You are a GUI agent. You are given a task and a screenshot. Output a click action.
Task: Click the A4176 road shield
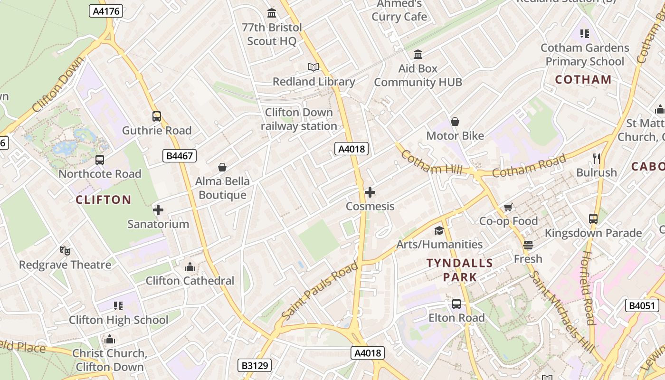(x=106, y=11)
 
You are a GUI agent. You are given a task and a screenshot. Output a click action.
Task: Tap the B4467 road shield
(x=179, y=155)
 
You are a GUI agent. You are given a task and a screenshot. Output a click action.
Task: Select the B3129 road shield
(x=254, y=365)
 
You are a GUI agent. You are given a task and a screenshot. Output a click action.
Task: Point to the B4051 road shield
(x=642, y=305)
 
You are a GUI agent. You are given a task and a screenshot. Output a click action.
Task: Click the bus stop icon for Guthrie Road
(x=157, y=116)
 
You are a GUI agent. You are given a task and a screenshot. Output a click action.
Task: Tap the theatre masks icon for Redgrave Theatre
(x=65, y=250)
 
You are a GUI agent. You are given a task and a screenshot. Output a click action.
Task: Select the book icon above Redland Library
(x=313, y=67)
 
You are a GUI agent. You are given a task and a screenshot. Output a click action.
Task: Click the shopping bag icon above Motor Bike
(x=455, y=122)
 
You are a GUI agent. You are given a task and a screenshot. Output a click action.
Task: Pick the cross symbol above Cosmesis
(x=370, y=192)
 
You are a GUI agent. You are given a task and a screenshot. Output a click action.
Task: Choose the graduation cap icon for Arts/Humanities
(x=439, y=230)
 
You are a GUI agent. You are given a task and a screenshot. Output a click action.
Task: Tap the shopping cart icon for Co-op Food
(x=508, y=207)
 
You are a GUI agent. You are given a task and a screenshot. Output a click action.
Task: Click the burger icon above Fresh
(x=528, y=245)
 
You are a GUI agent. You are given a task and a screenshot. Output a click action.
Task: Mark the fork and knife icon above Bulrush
(x=597, y=158)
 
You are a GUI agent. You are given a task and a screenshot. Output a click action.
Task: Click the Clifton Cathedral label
(x=190, y=281)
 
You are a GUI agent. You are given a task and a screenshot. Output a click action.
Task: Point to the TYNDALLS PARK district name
(x=460, y=270)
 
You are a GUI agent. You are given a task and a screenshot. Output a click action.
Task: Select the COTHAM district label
(x=583, y=80)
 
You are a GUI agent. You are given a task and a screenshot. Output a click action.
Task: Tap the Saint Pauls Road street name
(x=319, y=291)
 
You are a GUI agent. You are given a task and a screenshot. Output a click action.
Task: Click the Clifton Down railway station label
(x=299, y=119)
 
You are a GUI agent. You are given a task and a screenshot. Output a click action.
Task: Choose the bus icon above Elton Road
(x=456, y=304)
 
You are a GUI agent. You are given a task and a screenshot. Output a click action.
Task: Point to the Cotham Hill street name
(x=431, y=163)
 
